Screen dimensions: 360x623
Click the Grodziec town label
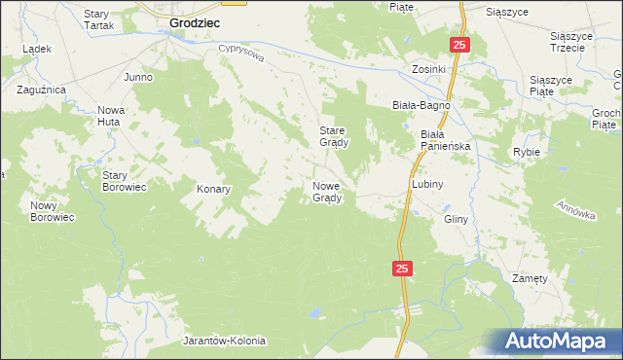[194, 19]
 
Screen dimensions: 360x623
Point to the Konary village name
[213, 189]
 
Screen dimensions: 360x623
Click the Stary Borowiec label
[124, 181]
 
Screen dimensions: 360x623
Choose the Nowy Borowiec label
[53, 211]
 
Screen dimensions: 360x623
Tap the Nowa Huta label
[116, 116]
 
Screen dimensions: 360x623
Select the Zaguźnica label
[41, 89]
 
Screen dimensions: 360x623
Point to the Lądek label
[36, 48]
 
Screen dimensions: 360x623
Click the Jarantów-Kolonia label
[224, 342]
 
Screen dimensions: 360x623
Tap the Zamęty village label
[530, 277]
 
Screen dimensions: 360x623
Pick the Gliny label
[457, 219]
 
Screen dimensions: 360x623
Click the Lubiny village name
[427, 184]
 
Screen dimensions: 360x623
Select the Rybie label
[527, 153]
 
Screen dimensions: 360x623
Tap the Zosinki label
[428, 70]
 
